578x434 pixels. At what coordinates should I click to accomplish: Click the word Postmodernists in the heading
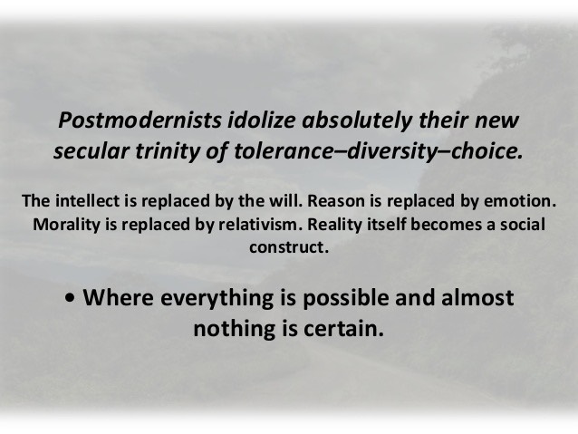tap(140, 121)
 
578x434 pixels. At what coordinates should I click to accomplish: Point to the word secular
tap(92, 151)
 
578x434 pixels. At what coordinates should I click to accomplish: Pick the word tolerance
tap(283, 151)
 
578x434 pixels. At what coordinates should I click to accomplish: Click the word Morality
tap(66, 226)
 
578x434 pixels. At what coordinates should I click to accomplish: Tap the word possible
tap(345, 299)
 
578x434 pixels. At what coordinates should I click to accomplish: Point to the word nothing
tap(235, 330)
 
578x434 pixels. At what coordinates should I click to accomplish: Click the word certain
tap(343, 329)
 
